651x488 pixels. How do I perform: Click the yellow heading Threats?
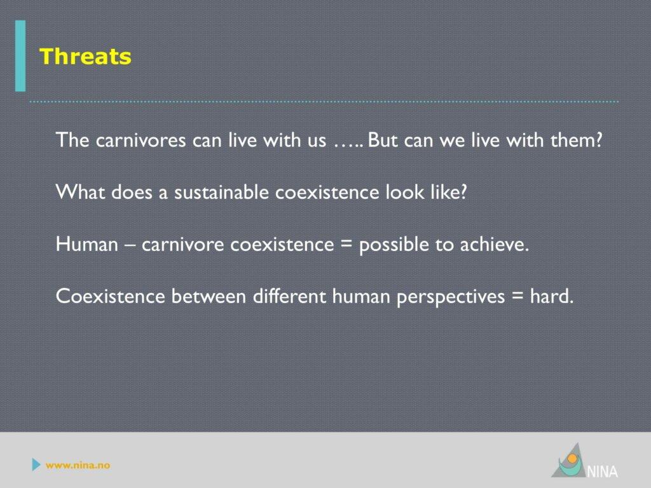(85, 57)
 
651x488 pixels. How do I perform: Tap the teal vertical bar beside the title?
(20, 56)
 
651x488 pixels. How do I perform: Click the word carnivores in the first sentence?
(140, 140)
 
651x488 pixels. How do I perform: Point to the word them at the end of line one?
(576, 140)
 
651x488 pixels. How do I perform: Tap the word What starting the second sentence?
(80, 192)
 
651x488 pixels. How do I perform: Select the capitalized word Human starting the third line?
(86, 244)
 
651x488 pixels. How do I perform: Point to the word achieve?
(495, 244)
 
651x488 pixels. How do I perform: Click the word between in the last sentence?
(209, 296)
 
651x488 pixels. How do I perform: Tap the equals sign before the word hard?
(517, 296)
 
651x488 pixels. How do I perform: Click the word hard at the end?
(552, 296)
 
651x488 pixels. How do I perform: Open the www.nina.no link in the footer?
(78, 465)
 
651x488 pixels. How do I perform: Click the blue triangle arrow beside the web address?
(36, 464)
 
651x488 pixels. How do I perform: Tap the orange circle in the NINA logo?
(573, 459)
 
